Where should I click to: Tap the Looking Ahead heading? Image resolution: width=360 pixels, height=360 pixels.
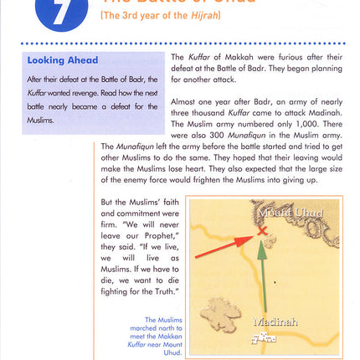[x=63, y=60]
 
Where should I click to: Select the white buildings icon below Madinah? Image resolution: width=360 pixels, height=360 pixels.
[x=265, y=337]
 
